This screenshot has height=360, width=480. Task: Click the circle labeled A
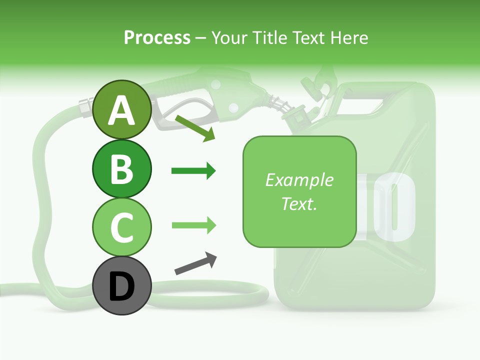coord(121,110)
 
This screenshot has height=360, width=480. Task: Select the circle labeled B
coord(121,168)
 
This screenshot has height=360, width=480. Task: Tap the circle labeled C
coord(121,226)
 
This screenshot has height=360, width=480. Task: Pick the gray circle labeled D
coord(121,285)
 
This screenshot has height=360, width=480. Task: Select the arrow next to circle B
coord(193,171)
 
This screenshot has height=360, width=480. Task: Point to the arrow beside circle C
coord(193,225)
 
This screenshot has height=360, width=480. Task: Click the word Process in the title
coord(157,37)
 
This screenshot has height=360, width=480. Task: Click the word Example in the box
coord(299,180)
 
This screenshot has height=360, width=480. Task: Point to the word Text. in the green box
coord(299,203)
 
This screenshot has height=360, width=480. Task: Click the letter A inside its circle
coord(121,111)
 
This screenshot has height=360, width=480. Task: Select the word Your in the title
coord(229,37)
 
